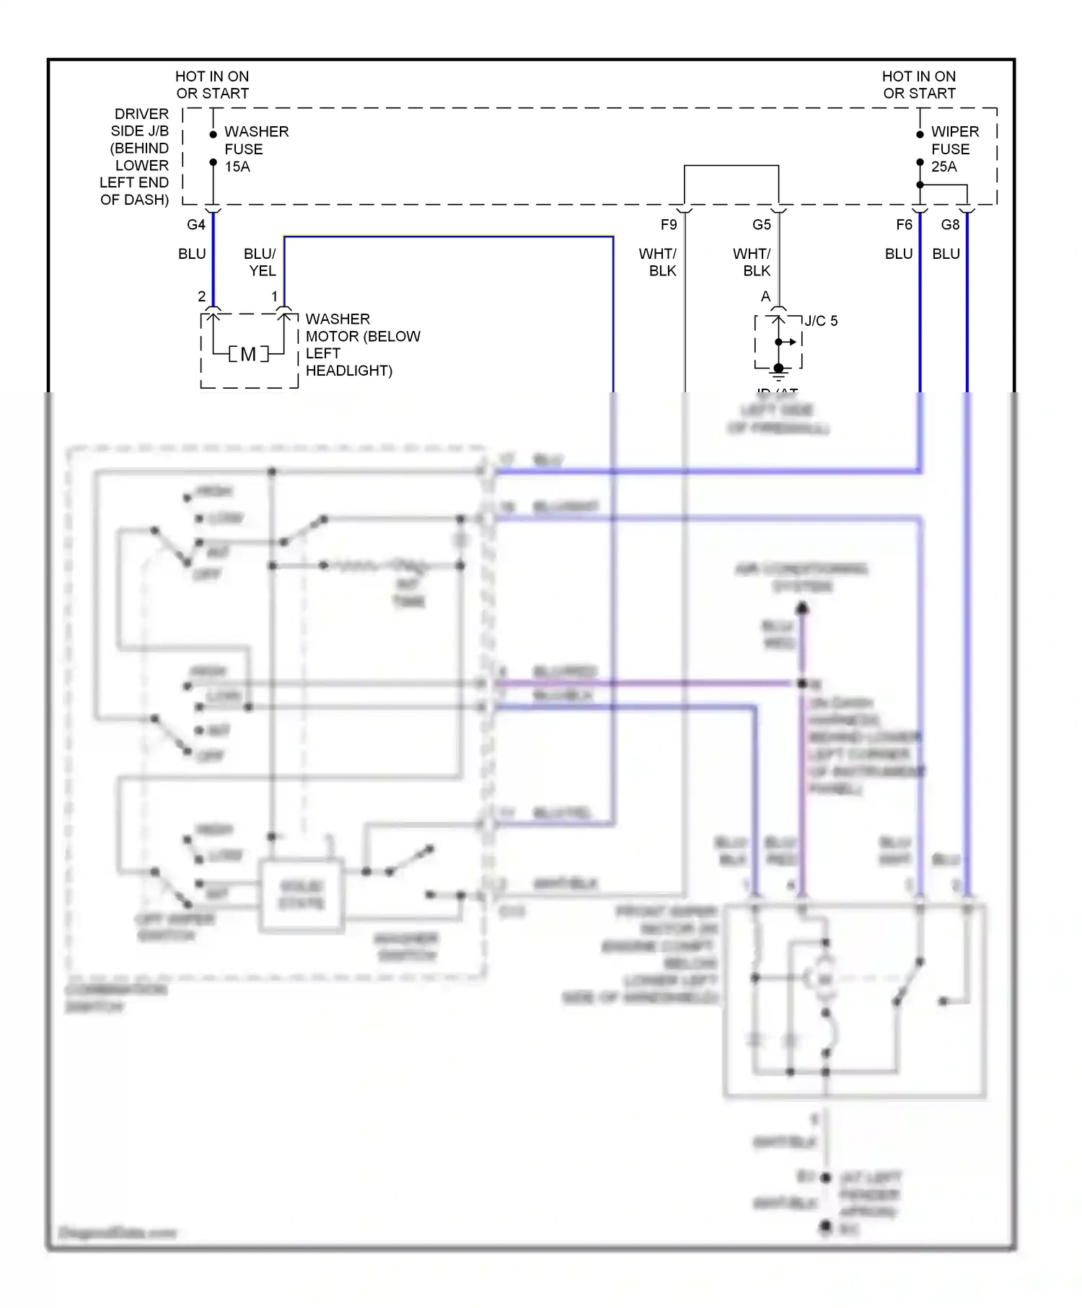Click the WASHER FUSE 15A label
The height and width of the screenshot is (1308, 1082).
coord(255,149)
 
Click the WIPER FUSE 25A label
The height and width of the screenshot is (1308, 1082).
coord(954,149)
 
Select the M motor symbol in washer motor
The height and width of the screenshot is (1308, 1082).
coord(248,354)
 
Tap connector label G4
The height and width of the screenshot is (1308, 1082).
coord(195,225)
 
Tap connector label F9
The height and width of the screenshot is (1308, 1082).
coord(669,225)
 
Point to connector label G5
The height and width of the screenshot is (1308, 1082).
coord(761,225)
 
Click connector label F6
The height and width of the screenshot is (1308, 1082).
coord(904,225)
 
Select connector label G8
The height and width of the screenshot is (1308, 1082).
coord(950,225)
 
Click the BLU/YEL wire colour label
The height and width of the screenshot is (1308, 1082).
coord(260,262)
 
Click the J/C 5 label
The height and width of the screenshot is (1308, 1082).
coord(821,321)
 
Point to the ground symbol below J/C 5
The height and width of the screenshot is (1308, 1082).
coord(778,373)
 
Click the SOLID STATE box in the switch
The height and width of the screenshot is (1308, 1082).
coord(302,895)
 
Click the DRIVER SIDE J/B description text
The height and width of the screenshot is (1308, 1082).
coord(136,156)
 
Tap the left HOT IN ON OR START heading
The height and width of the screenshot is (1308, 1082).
coord(212,85)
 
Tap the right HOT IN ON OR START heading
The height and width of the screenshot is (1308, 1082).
coord(918,85)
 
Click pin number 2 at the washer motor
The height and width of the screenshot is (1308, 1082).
coord(201,296)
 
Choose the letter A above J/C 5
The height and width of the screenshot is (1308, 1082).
coord(765,296)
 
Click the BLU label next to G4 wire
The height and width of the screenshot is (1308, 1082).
coord(192,254)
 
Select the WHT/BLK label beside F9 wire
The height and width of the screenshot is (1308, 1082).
coord(658,262)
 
